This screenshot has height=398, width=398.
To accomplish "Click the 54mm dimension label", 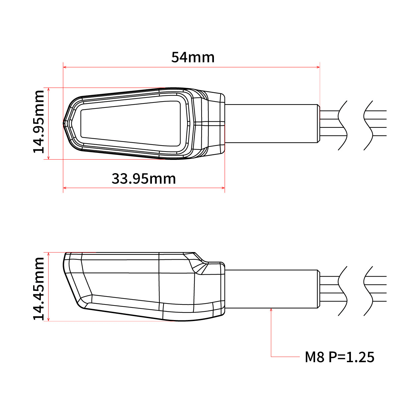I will [x=193, y=57].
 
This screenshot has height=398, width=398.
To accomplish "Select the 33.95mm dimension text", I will [x=144, y=179].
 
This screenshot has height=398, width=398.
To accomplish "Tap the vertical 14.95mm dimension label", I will [x=39, y=121].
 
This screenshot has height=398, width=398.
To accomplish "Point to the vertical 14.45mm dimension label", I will [x=39, y=289].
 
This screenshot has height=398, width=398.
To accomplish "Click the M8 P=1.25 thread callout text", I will [x=339, y=357].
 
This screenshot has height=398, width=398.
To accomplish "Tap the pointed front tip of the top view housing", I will [x=64, y=123].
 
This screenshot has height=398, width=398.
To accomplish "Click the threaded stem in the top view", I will [x=270, y=123].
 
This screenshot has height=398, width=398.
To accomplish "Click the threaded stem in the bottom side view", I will [x=270, y=289].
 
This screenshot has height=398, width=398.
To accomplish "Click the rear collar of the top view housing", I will [x=216, y=123].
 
